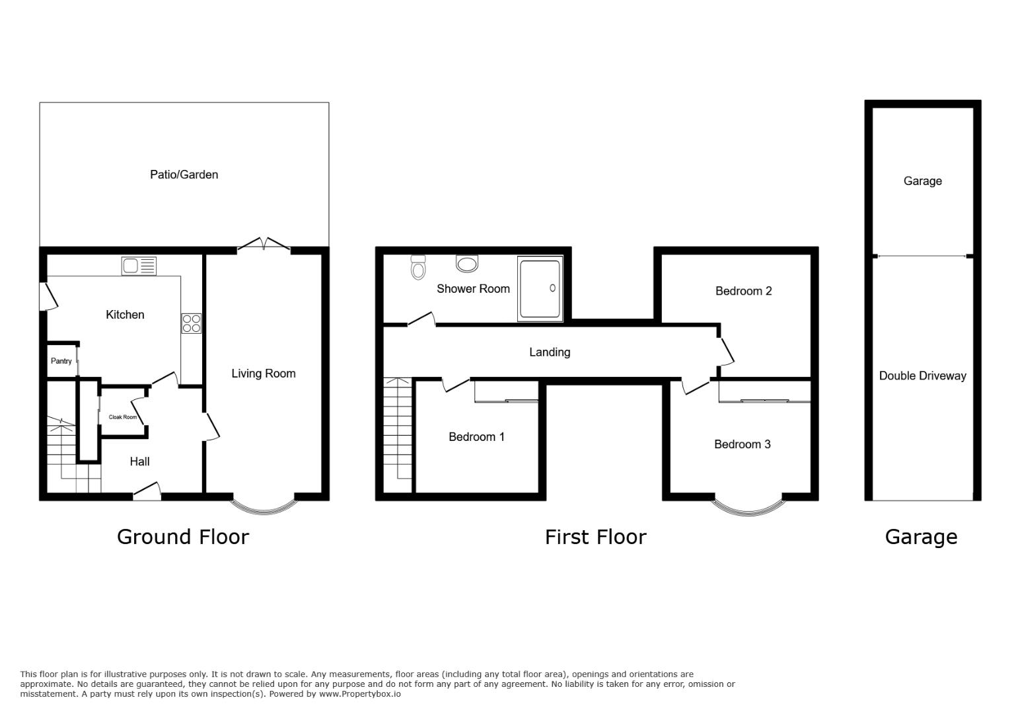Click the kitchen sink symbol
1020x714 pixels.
pyautogui.click(x=139, y=266)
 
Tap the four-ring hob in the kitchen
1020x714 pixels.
pyautogui.click(x=191, y=324)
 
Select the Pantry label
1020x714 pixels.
pyautogui.click(x=61, y=361)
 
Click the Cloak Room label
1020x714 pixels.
pyautogui.click(x=123, y=417)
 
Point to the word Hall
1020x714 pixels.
pyautogui.click(x=139, y=461)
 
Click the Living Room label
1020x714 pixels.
pyautogui.click(x=263, y=374)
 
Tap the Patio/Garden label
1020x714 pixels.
pyautogui.click(x=184, y=175)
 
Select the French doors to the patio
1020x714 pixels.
pyautogui.click(x=264, y=245)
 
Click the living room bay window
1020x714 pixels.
pyautogui.click(x=264, y=506)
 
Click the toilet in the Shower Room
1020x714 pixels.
pyautogui.click(x=418, y=268)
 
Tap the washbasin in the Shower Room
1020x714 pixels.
pyautogui.click(x=467, y=264)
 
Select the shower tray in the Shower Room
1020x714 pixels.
pyautogui.click(x=540, y=289)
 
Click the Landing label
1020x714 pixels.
pyautogui.click(x=549, y=352)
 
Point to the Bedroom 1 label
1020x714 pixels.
pyautogui.click(x=476, y=437)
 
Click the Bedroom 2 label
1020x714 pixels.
pyautogui.click(x=743, y=291)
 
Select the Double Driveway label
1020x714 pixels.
pyautogui.click(x=922, y=376)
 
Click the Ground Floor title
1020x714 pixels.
pyautogui.click(x=183, y=537)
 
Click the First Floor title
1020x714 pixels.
pyautogui.click(x=595, y=537)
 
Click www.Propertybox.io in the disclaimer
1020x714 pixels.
pyautogui.click(x=360, y=694)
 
